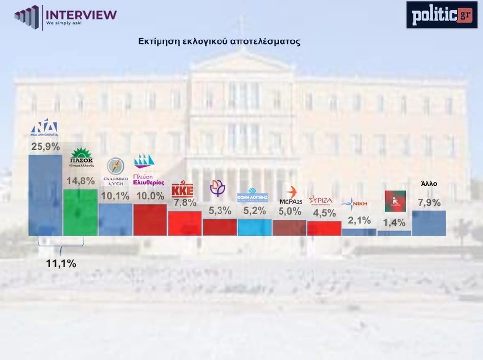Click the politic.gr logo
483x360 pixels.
[442, 15]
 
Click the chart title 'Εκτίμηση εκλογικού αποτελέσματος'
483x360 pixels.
[219, 41]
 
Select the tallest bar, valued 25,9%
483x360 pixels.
[45, 195]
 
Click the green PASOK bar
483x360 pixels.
[80, 212]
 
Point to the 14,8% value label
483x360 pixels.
[80, 181]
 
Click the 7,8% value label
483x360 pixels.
[185, 202]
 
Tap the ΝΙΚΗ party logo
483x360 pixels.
[355, 203]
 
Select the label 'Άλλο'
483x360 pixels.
[429, 184]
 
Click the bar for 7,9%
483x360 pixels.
[429, 223]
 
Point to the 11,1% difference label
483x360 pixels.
[61, 263]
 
